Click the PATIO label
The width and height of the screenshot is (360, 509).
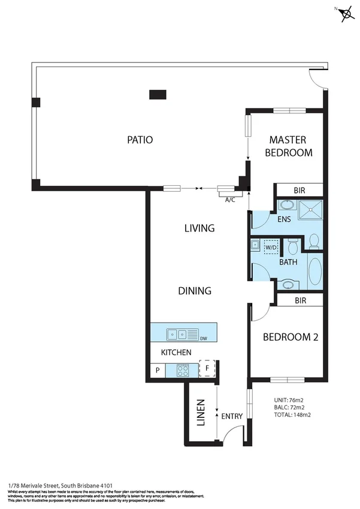140,140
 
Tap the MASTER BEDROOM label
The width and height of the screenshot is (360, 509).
289,145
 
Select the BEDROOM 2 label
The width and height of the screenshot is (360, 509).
291,338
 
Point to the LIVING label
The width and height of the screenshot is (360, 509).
199,228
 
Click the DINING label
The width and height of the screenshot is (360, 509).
195,291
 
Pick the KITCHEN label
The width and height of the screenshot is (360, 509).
176,353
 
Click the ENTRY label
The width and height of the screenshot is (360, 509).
232,416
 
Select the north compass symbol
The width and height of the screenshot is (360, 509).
346,15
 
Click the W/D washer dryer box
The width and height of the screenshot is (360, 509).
271,247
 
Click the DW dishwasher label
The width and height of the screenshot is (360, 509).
204,338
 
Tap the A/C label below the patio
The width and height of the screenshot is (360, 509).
229,200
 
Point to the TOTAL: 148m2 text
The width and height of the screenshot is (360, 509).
292,414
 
